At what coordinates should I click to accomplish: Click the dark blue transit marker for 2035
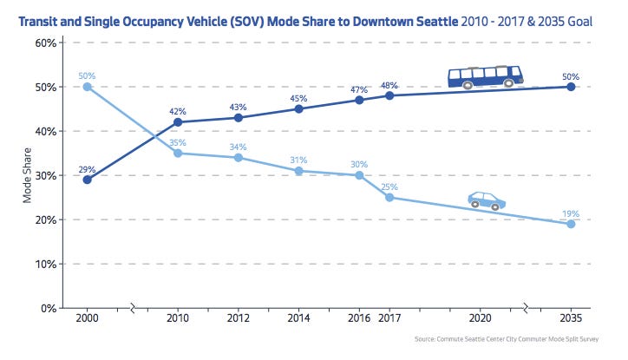pyautogui.click(x=571, y=87)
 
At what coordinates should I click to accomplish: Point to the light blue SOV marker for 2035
pyautogui.click(x=571, y=224)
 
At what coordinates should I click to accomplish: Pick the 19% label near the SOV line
pyautogui.click(x=570, y=213)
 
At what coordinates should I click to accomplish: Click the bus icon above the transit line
pyautogui.click(x=485, y=77)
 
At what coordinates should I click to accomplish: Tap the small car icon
pyautogui.click(x=487, y=201)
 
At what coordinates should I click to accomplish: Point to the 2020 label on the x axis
pyautogui.click(x=481, y=319)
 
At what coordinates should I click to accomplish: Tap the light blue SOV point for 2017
pyautogui.click(x=389, y=197)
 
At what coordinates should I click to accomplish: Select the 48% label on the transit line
pyautogui.click(x=389, y=84)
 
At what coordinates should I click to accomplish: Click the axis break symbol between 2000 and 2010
pyautogui.click(x=133, y=308)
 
